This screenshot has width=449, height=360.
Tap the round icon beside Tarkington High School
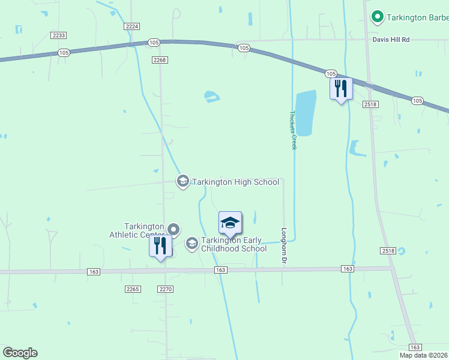tap(183, 181)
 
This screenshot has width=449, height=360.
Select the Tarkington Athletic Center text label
tap(137, 230)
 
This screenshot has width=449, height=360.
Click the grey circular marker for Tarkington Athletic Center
tap(173, 229)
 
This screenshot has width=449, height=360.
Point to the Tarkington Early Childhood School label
tap(234, 244)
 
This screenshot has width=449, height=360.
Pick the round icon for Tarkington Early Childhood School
tap(191, 243)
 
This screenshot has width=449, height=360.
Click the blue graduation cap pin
tap(230, 224)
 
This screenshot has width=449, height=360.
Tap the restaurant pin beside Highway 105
tap(341, 89)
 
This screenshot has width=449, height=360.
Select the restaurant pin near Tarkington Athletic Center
tap(160, 246)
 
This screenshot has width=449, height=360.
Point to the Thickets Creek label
tap(294, 130)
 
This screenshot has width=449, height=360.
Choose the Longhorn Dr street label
tap(284, 245)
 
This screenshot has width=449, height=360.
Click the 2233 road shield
tap(59, 35)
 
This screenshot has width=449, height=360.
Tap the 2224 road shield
tap(132, 26)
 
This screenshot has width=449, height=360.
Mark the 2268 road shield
tap(160, 60)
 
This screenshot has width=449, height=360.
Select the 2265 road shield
tap(133, 289)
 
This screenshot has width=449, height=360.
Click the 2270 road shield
tap(166, 289)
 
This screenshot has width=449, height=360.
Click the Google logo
tap(20, 353)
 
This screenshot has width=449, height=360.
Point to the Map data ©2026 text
tap(424, 355)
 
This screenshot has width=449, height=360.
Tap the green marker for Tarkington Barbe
tap(378, 17)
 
